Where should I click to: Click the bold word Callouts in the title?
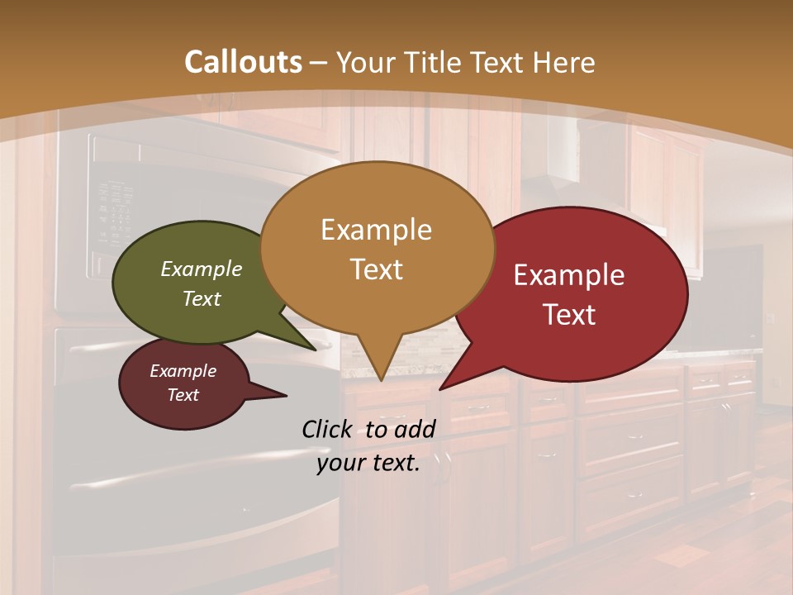[x=243, y=62]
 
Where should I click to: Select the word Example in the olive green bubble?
[x=201, y=269]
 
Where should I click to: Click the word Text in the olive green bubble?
[x=201, y=298]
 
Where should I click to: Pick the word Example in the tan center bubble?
[x=376, y=230]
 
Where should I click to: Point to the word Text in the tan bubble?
[x=376, y=269]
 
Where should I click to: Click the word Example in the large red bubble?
[x=569, y=275]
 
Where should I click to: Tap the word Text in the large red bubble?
[x=569, y=315]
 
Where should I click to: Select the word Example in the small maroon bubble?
[x=183, y=371]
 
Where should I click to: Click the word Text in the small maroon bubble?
[x=183, y=395]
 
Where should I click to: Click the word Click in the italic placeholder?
[x=329, y=429]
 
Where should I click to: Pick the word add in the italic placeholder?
[x=414, y=429]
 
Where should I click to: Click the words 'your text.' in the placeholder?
[x=368, y=464]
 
